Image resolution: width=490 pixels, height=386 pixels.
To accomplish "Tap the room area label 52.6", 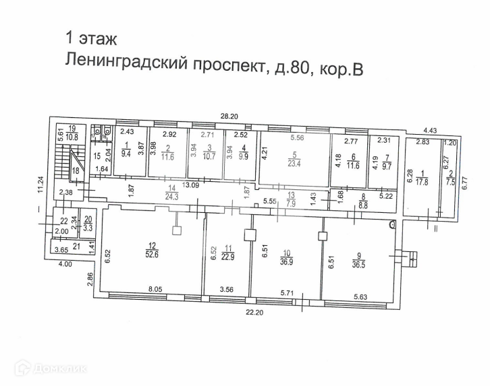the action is click(x=153, y=253).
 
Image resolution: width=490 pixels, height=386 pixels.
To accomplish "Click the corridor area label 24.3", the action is click(x=153, y=197).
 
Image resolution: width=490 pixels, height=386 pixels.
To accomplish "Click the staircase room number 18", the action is click(x=76, y=172).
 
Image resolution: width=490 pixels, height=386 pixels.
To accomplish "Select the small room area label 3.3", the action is click(x=88, y=228).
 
